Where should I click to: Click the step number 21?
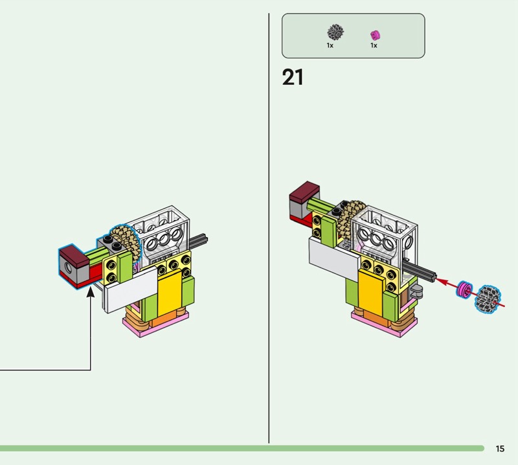[x=293, y=77]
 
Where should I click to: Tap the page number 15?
[x=500, y=448]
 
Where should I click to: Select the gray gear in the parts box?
[x=335, y=32]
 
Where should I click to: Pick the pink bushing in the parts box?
[x=375, y=35]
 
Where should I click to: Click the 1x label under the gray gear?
[x=330, y=45]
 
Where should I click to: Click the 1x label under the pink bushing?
[x=374, y=45]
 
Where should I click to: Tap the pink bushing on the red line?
[x=464, y=289]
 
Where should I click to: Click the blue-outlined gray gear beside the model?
[x=488, y=299]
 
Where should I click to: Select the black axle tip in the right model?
[x=431, y=277]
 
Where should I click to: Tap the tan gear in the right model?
[x=351, y=218]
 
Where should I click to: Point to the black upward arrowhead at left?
[x=91, y=292]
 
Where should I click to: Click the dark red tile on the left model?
[x=74, y=255]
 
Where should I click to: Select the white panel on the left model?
[x=131, y=289]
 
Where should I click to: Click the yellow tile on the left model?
[x=170, y=292]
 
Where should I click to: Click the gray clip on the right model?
[x=416, y=291]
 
